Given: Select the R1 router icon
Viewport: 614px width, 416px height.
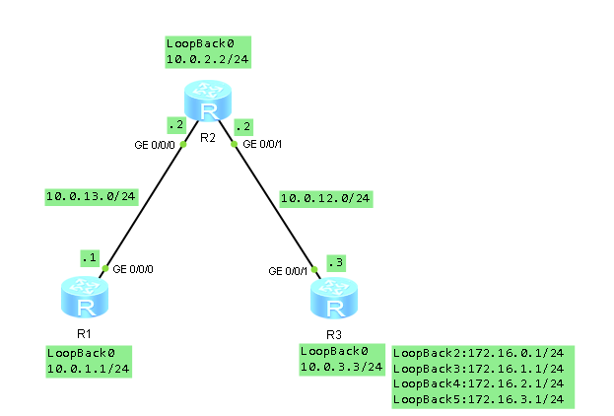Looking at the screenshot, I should pos(80,294).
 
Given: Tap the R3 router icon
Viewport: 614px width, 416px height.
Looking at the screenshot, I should pos(334,297).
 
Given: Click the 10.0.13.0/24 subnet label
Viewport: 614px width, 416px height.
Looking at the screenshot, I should pos(91,197).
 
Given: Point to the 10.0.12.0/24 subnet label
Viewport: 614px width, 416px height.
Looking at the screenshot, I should pos(325,198).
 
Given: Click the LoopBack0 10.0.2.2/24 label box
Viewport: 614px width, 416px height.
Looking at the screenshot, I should pos(208,52).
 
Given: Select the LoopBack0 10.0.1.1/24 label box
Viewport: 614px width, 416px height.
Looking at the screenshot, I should pos(89,361).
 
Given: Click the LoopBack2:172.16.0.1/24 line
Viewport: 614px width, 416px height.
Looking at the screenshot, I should pos(478,353).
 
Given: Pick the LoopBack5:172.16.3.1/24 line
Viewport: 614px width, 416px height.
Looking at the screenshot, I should pos(478,399).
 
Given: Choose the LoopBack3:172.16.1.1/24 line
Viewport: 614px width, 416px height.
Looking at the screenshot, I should pos(478,369).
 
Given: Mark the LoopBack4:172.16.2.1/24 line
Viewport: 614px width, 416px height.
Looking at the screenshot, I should pos(478,383).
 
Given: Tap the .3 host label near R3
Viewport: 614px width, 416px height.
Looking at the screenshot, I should pos(335,262).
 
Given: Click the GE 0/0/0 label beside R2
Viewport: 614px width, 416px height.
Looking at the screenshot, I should pos(155,145).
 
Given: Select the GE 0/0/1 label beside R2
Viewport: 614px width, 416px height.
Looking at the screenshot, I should pos(263,145).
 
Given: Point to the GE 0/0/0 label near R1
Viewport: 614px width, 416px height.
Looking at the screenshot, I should pos(134,269).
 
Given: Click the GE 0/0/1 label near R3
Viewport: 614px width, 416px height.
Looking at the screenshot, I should pos(289,271).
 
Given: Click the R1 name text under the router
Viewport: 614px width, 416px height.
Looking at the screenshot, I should pos(81,334).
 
